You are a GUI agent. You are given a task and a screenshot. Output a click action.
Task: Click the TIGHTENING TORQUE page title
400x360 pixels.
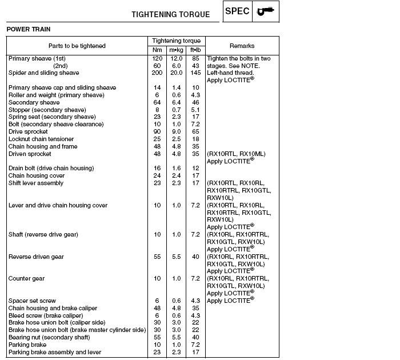tap(170, 14)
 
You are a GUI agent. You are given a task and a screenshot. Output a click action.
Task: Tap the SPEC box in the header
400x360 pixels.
tap(237, 11)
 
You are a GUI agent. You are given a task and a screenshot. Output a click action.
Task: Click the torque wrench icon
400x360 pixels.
tap(265, 11)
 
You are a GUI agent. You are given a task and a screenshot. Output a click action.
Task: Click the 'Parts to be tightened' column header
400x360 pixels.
tap(77, 46)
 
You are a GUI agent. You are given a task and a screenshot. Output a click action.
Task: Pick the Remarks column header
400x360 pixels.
tap(242, 46)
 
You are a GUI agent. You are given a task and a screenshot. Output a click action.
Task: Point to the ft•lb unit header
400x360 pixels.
tap(195, 50)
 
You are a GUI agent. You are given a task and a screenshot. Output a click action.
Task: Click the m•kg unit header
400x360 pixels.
tap(177, 50)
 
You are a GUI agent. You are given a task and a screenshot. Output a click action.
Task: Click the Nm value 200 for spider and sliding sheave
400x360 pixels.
tap(157, 73)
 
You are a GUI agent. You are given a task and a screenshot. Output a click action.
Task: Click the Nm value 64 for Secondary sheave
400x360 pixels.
tap(157, 102)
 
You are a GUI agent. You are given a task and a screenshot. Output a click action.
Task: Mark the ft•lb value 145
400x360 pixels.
tap(195, 73)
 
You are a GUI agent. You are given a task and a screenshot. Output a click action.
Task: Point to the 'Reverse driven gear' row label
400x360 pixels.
tap(36, 257)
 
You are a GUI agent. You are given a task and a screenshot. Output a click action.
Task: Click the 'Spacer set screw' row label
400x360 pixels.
tap(32, 301)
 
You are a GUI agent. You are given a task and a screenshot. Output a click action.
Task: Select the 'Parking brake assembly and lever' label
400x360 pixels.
tap(55, 352)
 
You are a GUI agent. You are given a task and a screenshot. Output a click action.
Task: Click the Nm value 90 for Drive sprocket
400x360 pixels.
tap(157, 131)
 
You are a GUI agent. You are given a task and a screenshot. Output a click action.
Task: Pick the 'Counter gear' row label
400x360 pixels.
tap(26, 278)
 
